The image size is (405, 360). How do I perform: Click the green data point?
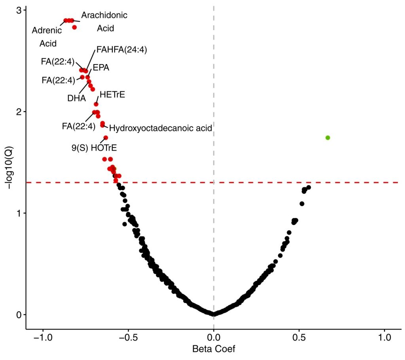pyautogui.click(x=327, y=138)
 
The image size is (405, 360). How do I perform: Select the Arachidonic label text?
pyautogui.click(x=104, y=15)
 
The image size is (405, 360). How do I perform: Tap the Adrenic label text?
pyautogui.click(x=47, y=30)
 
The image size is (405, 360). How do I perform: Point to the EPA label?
pyautogui.click(x=101, y=68)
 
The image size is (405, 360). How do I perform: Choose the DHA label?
pyautogui.click(x=76, y=98)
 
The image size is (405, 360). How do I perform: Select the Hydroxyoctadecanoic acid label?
pyautogui.click(x=161, y=128)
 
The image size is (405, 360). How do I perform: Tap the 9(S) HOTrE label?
pyautogui.click(x=94, y=148)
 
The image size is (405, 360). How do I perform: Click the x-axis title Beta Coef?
pyautogui.click(x=214, y=349)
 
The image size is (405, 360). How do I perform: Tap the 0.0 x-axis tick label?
pyautogui.click(x=214, y=339)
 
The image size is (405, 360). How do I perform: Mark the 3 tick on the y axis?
pyautogui.click(x=19, y=10)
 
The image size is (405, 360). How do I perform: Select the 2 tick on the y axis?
pyautogui.click(x=19, y=112)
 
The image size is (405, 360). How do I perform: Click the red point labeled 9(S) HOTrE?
pyautogui.click(x=106, y=138)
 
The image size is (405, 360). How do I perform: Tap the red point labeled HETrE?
pyautogui.click(x=96, y=104)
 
